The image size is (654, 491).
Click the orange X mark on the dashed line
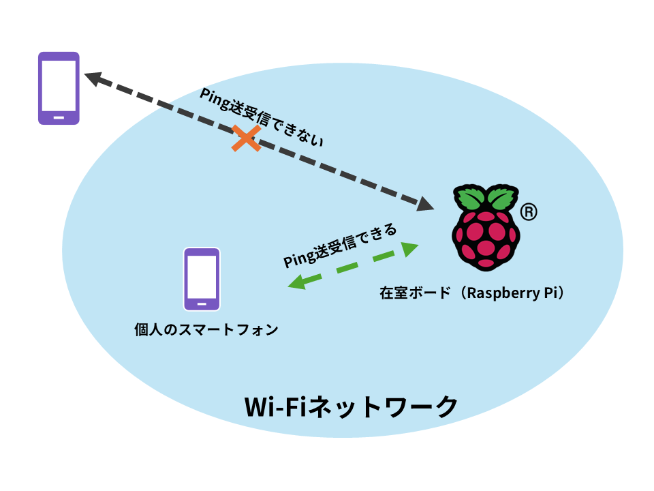pos(246,138)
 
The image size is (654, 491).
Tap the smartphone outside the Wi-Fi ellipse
pos(59,88)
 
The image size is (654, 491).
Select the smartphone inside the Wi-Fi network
pos(202,279)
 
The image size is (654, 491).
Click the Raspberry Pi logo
pos(485,226)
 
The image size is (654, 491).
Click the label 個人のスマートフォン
pos(206,330)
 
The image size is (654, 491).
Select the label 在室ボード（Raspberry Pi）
pos(472,293)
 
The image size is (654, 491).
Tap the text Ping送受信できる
pos(339,245)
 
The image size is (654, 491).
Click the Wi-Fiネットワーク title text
pos(352,407)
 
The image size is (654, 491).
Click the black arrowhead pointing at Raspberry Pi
pos(426,203)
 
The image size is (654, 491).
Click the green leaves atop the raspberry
pos(484,198)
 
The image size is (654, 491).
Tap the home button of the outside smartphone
pos(59,117)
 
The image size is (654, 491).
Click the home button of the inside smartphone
pos(202,303)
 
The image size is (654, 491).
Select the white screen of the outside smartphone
pos(59,85)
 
